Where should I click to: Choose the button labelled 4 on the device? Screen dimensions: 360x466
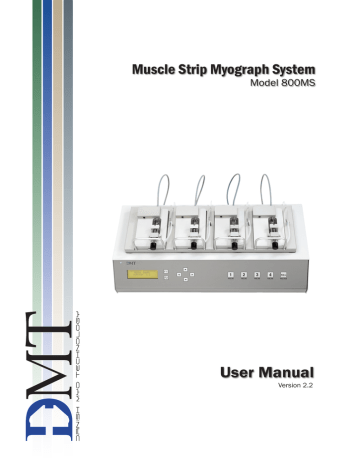[x=271, y=272]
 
